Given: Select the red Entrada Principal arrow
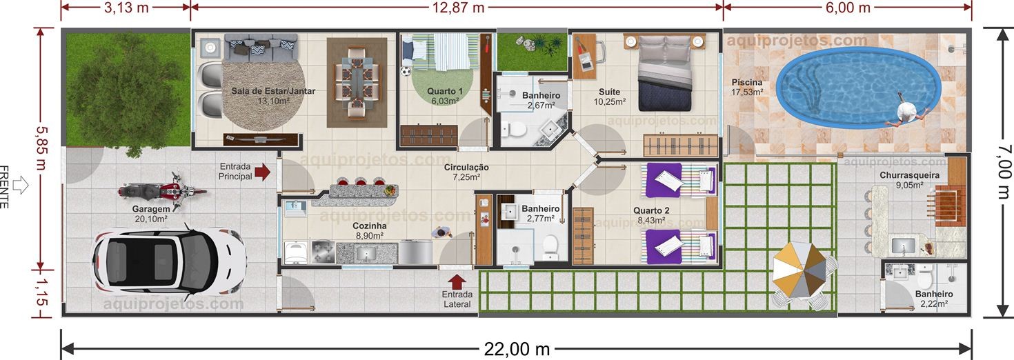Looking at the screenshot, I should click(262, 172).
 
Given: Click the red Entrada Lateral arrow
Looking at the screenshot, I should click(457, 281).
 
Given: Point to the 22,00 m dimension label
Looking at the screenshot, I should click(517, 350).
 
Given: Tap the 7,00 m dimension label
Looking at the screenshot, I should click(1000, 172).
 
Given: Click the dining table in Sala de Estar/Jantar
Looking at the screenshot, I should click(357, 81).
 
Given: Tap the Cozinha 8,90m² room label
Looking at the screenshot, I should click(369, 230).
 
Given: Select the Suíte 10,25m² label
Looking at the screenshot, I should click(609, 97).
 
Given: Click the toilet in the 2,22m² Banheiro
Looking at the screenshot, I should click(925, 279).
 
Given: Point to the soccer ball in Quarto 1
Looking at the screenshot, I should click(406, 70).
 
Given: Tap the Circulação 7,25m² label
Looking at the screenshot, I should click(466, 172).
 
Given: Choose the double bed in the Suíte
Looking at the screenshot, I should click(664, 72).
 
